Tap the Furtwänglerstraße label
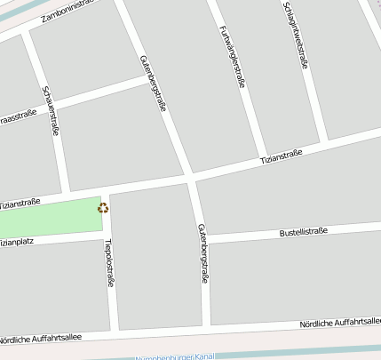230,54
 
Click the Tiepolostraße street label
108,262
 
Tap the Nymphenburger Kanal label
175,356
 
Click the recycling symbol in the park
103,208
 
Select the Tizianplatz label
18,241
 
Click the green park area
53,218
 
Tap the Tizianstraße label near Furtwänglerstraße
281,156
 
